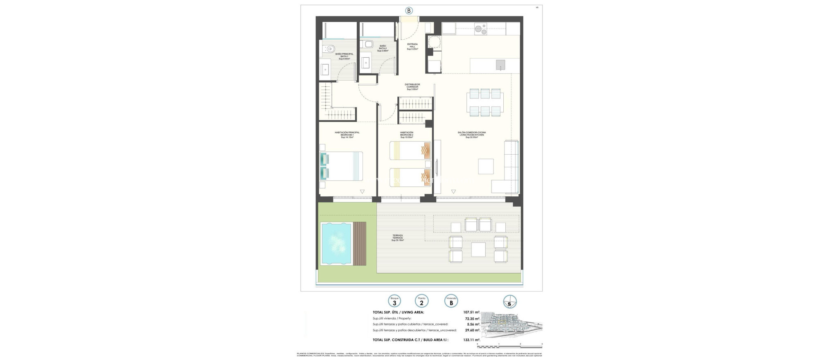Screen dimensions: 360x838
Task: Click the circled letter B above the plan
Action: [x=409, y=11]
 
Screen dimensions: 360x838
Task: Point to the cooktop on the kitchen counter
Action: [x=480, y=28]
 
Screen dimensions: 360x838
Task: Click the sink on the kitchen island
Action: [x=500, y=65]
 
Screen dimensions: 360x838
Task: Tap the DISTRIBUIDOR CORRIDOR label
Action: [x=413, y=87]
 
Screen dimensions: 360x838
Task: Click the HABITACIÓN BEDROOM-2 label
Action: [x=406, y=135]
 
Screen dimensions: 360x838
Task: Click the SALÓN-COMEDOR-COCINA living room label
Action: [x=471, y=135]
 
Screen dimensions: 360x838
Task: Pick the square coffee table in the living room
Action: [x=486, y=166]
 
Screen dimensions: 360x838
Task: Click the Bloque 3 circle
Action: [x=394, y=301]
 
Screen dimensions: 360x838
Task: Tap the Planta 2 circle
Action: [x=421, y=301]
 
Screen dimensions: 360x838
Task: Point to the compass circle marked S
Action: [x=509, y=302]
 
